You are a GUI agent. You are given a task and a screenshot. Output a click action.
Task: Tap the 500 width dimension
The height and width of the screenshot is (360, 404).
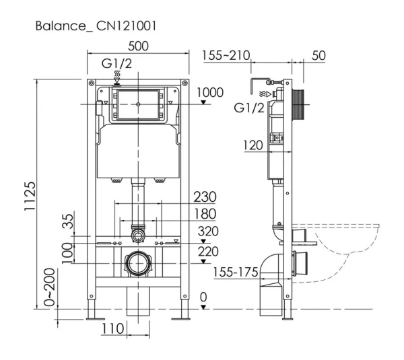[138, 46]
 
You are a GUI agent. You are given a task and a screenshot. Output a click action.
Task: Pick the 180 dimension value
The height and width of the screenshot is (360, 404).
[205, 214]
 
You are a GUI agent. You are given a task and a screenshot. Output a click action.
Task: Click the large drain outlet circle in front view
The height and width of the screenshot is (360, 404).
[138, 261]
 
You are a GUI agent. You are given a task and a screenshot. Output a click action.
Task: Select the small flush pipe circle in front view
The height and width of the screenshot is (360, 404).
[138, 234]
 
